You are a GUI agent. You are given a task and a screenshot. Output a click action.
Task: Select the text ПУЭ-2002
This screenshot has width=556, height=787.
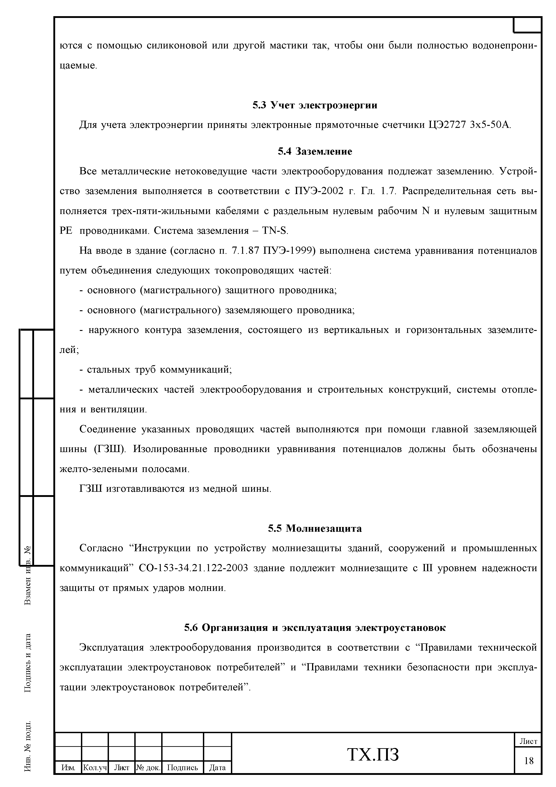coord(319,191)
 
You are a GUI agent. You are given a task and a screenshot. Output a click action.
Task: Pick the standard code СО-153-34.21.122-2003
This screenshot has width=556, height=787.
coord(193,568)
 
